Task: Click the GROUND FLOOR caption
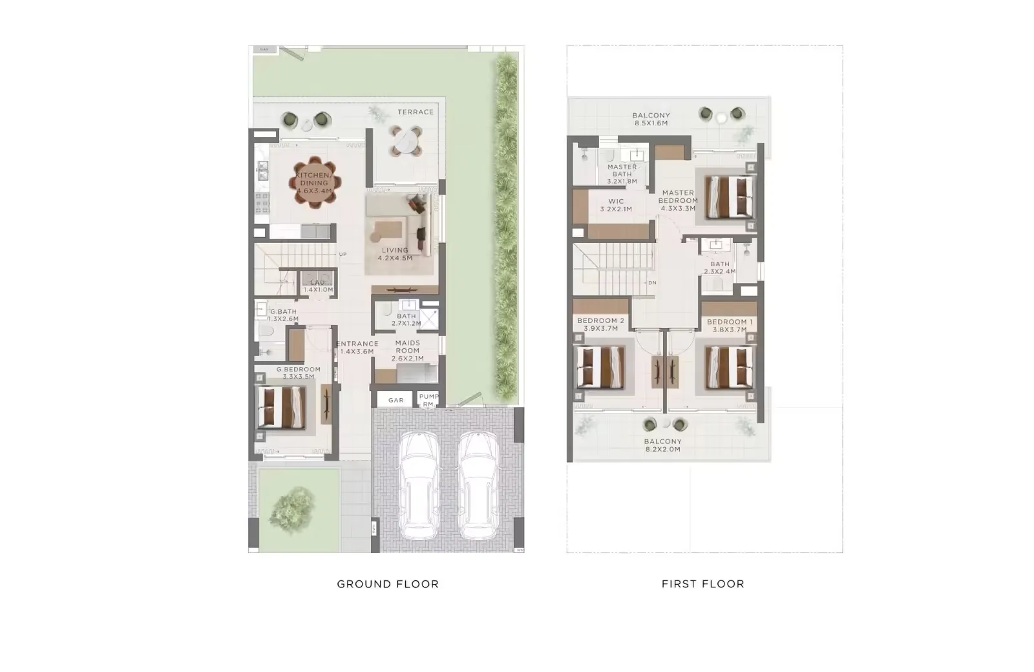pos(388,584)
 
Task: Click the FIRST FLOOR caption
pos(702,584)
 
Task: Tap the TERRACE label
pos(416,112)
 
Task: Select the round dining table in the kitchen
pos(314,182)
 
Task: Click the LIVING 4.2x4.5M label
pos(395,254)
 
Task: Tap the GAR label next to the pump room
pos(396,401)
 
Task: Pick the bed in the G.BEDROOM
pos(282,407)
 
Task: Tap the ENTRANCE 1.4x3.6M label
pos(357,348)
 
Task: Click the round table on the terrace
pos(405,142)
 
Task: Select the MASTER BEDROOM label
pos(678,200)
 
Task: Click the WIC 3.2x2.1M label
pos(615,205)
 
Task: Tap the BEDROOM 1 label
pos(730,325)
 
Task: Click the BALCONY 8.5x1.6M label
pos(651,119)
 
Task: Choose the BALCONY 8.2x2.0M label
pos(662,445)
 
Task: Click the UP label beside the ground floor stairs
pos(343,255)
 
